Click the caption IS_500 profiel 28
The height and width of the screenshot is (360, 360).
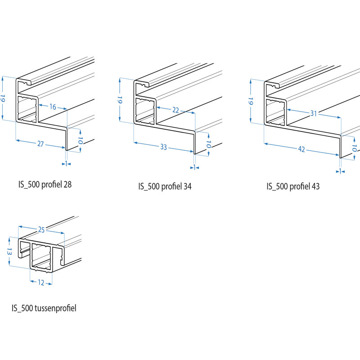point(45,184)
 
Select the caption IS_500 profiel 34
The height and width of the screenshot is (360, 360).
point(165,186)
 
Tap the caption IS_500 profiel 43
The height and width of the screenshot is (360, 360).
point(293,186)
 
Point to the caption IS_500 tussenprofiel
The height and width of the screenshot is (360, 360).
point(44,308)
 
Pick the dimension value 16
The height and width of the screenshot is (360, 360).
point(53,107)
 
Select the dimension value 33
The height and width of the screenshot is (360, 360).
point(163,147)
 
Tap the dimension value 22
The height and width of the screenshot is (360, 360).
point(175,110)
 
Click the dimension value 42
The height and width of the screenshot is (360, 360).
point(301,149)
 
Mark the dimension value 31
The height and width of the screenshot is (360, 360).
point(314,113)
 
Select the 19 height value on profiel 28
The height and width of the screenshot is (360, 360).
point(4,99)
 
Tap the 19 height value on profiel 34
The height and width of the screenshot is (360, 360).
point(120,100)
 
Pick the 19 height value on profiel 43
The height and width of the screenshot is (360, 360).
point(251,101)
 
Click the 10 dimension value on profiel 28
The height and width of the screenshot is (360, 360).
point(80,140)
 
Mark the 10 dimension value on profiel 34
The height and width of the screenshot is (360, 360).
point(209,144)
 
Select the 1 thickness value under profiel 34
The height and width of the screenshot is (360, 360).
point(195,167)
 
